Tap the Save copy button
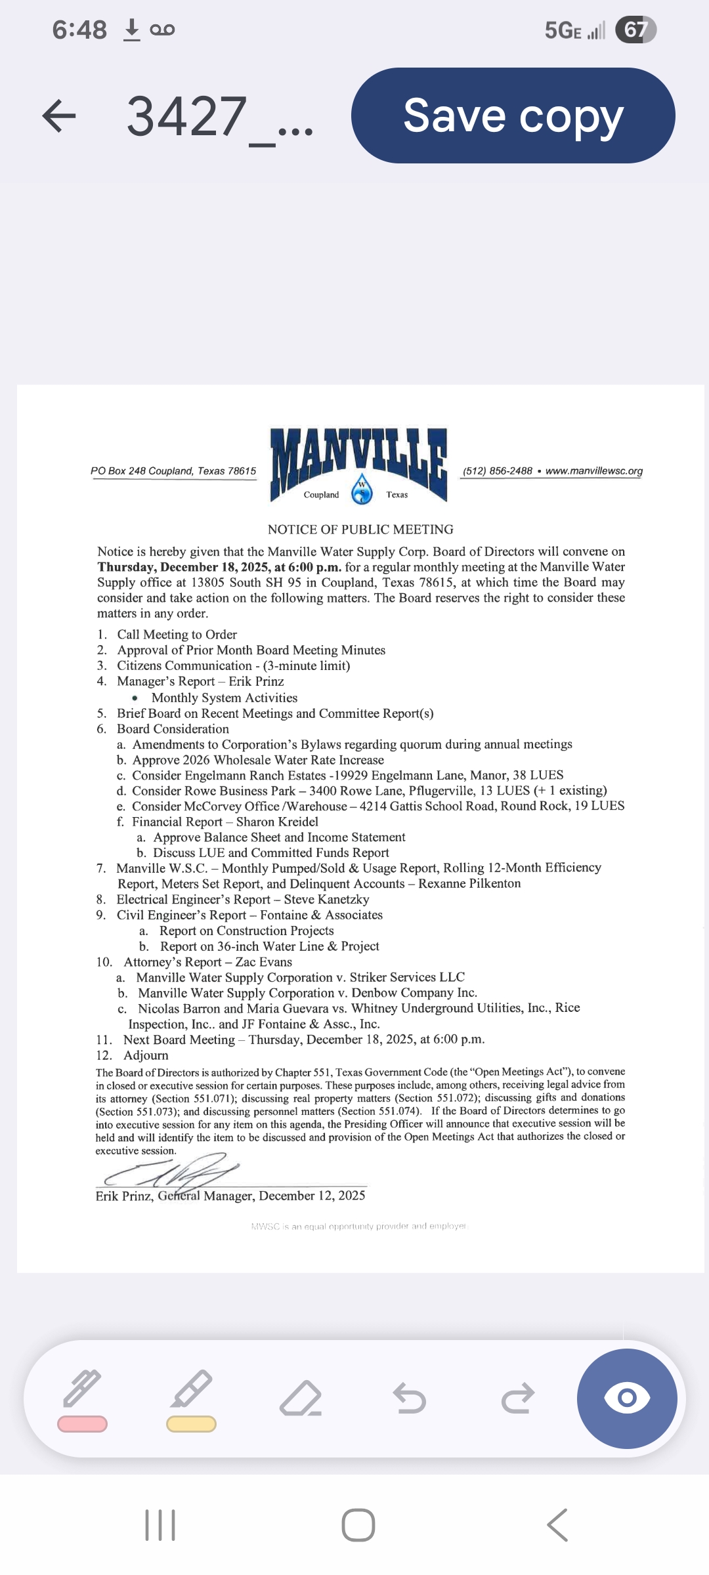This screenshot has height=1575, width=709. pyautogui.click(x=513, y=115)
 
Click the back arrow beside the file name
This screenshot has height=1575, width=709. pyautogui.click(x=59, y=116)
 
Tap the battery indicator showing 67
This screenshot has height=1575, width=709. pyautogui.click(x=635, y=30)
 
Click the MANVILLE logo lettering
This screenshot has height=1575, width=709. pyautogui.click(x=358, y=456)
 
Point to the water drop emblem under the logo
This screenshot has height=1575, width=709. pyautogui.click(x=362, y=490)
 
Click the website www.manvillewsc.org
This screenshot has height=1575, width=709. pyautogui.click(x=593, y=471)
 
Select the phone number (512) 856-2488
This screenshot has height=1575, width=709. pyautogui.click(x=497, y=471)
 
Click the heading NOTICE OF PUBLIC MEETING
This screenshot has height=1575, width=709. pyautogui.click(x=360, y=530)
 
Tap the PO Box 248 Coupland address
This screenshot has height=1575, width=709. pyautogui.click(x=173, y=471)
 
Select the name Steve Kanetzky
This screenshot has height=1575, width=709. pyautogui.click(x=326, y=900)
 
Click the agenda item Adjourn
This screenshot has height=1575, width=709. pyautogui.click(x=146, y=1055)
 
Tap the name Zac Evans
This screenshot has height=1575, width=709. pyautogui.click(x=263, y=962)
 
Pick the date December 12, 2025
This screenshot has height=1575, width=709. pyautogui.click(x=312, y=1196)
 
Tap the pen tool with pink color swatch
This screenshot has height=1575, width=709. pyautogui.click(x=83, y=1399)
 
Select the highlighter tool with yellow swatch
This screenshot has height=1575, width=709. pyautogui.click(x=191, y=1399)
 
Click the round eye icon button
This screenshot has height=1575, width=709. pyautogui.click(x=627, y=1398)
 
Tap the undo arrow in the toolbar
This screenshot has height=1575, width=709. pyautogui.click(x=410, y=1398)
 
